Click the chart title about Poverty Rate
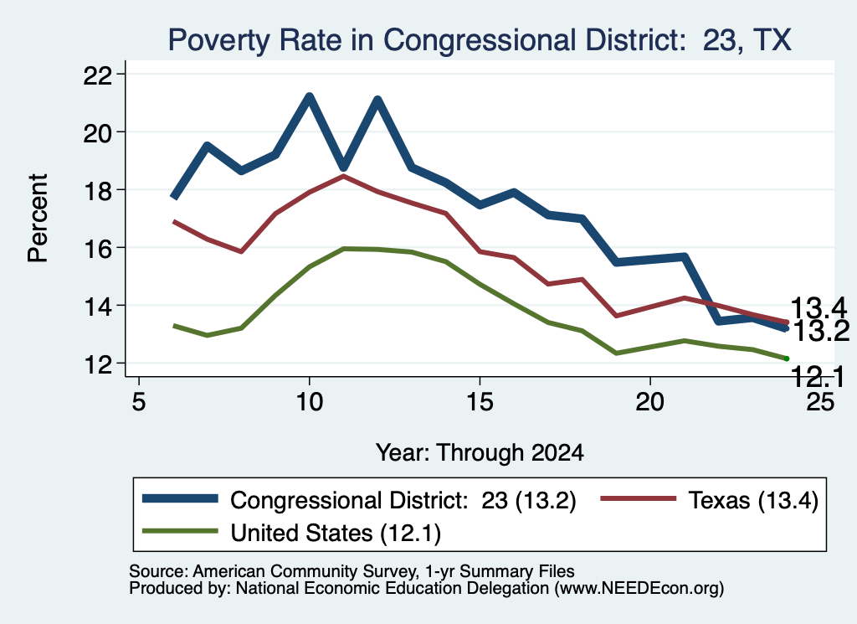point(480,39)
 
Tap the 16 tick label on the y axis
point(98,248)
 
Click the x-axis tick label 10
point(310,401)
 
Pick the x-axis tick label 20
point(649,401)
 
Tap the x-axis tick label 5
point(139,401)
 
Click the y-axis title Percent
point(38,219)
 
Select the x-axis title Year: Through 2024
point(480,453)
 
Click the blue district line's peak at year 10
point(310,97)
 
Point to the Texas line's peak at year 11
point(343,176)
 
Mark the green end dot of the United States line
point(787,358)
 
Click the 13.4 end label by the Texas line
point(819,308)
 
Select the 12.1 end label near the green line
point(817,377)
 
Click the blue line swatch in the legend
point(180,498)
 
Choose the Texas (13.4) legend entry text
point(752,500)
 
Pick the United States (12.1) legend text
point(336,533)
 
